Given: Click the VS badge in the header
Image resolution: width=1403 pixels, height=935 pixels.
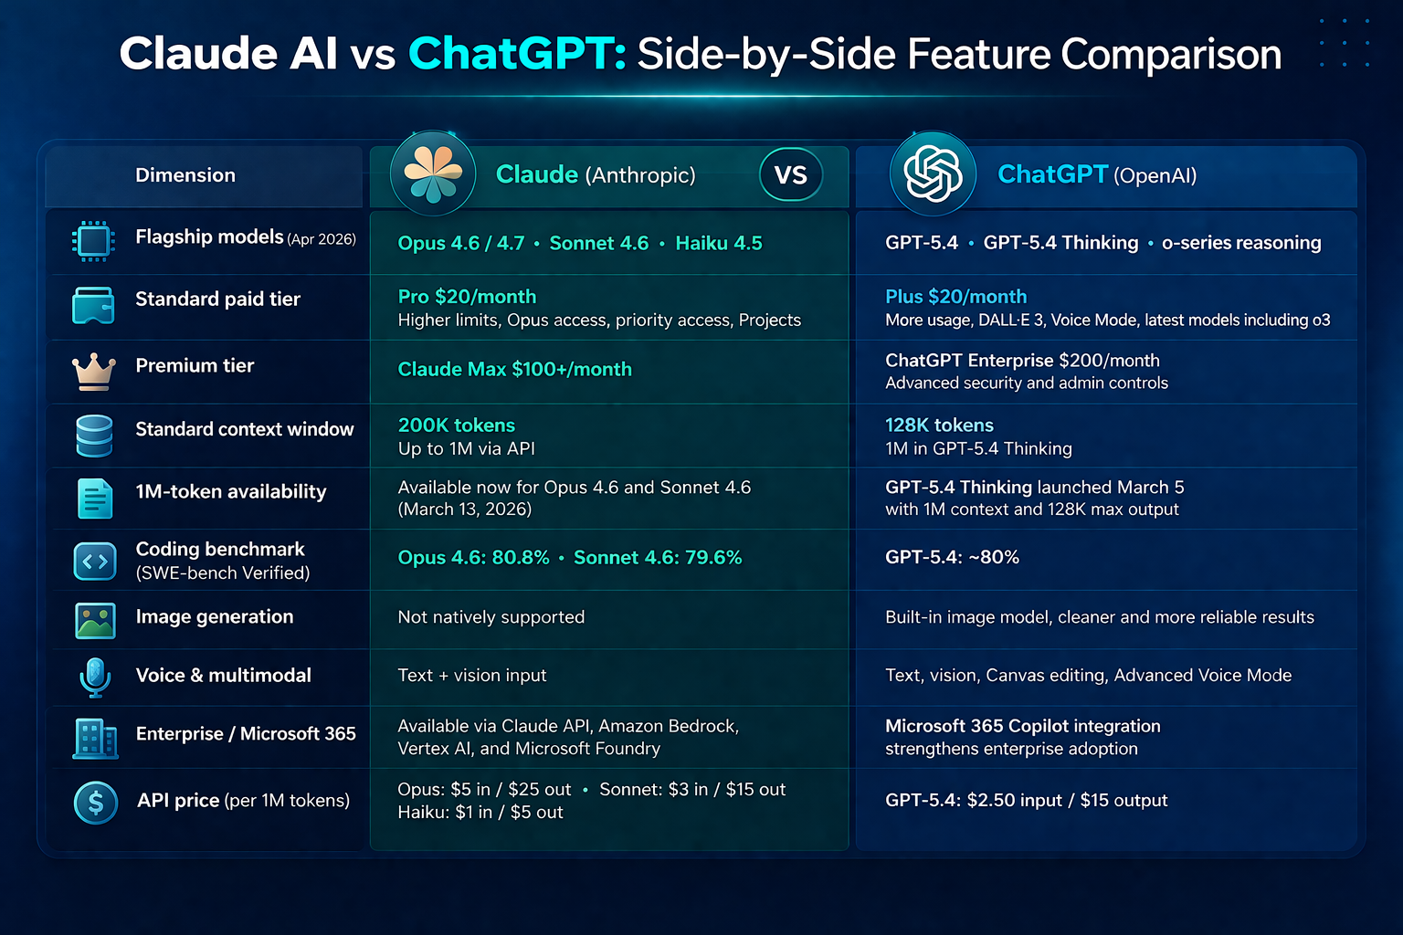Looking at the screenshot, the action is tap(790, 174).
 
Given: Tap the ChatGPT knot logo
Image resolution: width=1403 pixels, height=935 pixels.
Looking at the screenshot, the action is tap(933, 173).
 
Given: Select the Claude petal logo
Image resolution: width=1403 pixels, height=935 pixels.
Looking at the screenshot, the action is tap(433, 173).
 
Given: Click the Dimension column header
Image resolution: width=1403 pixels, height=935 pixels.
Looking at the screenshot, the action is tap(185, 174).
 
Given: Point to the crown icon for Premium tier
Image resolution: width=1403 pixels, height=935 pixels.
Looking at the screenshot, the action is tap(94, 372).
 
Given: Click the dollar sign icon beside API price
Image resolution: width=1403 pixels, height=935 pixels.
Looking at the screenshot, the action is tap(96, 803).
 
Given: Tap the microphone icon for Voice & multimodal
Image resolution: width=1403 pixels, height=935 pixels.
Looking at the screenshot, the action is tap(95, 677).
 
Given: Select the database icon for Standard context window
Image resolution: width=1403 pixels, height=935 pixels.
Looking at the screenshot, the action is tap(95, 436).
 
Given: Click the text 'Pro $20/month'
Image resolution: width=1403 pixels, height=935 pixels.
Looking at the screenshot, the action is tap(468, 296).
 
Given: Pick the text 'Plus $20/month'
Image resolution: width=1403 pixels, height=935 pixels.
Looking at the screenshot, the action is tap(955, 296).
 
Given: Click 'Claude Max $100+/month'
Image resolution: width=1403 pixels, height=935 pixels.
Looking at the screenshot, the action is tap(515, 369).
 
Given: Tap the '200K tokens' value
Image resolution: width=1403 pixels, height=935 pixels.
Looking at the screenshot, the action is tap(457, 425).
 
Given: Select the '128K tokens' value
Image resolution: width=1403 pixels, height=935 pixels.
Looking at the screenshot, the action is tap(940, 425).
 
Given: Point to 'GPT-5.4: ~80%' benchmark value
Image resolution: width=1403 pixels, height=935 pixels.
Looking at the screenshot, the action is tap(952, 557).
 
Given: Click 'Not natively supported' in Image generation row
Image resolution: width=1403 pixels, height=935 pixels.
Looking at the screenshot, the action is tap(491, 617).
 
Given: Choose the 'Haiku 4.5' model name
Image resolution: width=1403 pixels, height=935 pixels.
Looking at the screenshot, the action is tap(719, 243).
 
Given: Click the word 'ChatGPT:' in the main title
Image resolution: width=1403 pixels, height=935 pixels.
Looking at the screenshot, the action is tap(517, 53).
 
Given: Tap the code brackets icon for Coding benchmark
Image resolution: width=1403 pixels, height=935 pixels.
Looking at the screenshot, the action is tap(95, 562).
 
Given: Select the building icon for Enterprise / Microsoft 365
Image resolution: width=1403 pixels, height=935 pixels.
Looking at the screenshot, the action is tap(95, 739).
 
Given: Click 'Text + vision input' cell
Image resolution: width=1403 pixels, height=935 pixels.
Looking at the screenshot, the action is tap(472, 675).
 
